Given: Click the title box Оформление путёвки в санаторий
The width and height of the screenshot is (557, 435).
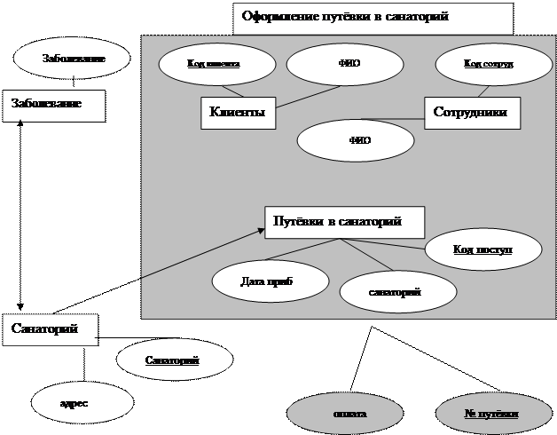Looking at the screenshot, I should click(373, 18).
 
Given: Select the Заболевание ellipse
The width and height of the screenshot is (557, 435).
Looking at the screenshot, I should click(73, 59).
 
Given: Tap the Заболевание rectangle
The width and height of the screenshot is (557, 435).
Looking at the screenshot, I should click(53, 106).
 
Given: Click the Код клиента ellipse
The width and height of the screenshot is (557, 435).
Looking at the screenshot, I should click(213, 64).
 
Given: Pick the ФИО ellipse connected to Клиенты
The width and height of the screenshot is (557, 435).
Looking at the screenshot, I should click(349, 64).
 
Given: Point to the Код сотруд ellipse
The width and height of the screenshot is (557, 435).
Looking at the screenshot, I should click(488, 64).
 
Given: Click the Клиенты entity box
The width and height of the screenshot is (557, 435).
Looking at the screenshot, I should click(237, 113).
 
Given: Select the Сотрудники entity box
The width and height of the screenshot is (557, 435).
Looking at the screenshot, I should click(470, 113).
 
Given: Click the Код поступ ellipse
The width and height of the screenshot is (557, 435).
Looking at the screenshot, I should click(482, 249).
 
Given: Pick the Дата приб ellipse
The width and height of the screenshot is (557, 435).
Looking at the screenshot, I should click(266, 281).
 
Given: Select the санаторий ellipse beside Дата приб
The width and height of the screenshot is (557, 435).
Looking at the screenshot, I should click(397, 291).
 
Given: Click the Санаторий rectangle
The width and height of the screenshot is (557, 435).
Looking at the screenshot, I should click(49, 329).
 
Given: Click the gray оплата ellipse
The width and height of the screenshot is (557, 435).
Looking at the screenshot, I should click(349, 414).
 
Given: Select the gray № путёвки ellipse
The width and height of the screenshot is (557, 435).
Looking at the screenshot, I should click(491, 414).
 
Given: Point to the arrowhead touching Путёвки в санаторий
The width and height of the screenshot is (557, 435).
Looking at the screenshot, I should click(261, 231).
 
